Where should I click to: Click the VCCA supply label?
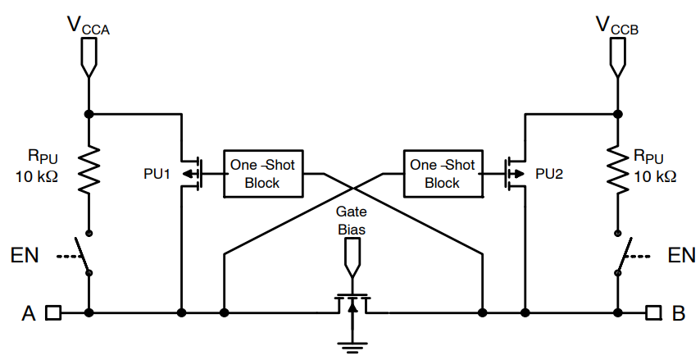(x=89, y=26)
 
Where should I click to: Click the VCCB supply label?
(x=617, y=26)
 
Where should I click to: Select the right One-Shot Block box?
(x=442, y=174)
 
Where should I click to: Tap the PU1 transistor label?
(x=157, y=175)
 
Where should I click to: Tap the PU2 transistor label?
(x=549, y=175)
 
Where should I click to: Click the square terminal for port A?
(x=53, y=312)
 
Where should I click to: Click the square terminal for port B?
(x=652, y=312)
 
